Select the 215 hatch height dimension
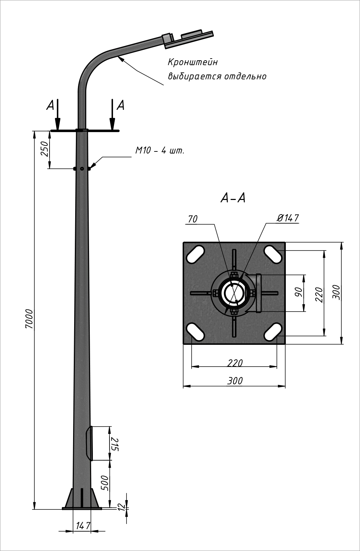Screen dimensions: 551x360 coord(115,444)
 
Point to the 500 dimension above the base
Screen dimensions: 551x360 coord(105,482)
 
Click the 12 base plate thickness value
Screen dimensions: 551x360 coord(121,507)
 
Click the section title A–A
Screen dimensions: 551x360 coord(233,198)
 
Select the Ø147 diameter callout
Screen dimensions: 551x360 coord(288,218)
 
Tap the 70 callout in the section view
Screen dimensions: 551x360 coord(193,219)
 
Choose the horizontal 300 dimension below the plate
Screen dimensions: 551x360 coord(235,381)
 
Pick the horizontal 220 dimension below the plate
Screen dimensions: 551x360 coord(235,363)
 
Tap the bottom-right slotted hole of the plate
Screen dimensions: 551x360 coord(273,332)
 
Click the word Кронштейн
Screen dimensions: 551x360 coord(193,62)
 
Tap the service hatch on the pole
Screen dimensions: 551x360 coord(90,443)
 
